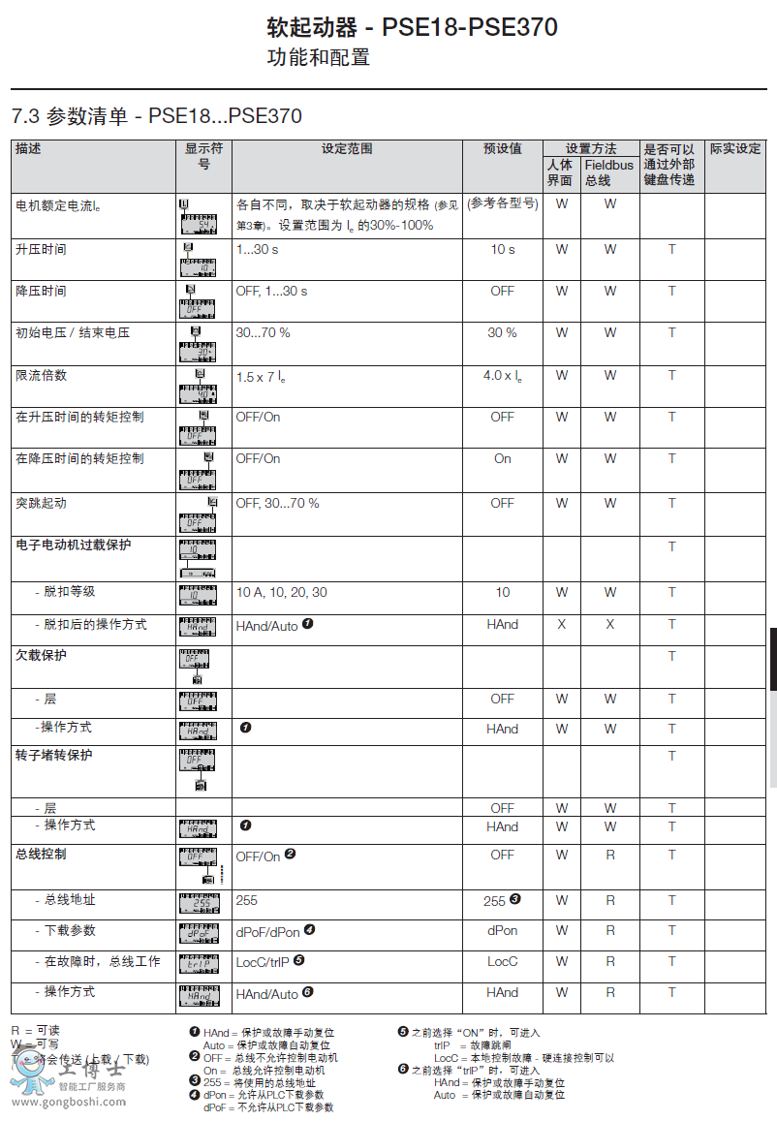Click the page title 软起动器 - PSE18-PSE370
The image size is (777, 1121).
coord(412,27)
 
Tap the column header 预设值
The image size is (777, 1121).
coord(502,149)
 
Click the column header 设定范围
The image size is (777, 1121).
coord(347,149)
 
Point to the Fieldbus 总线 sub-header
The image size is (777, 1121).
coord(609,172)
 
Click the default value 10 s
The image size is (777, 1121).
coord(502,250)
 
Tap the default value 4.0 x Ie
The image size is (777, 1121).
coord(502,376)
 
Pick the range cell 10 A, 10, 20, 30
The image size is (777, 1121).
coord(281,593)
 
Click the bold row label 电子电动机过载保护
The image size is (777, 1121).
coord(74,545)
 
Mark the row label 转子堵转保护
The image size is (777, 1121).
coord(54,756)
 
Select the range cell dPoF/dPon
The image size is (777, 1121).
coord(267,931)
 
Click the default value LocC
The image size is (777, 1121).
coord(502,962)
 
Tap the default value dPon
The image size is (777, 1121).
coord(502,931)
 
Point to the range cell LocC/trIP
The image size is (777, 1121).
coord(264,962)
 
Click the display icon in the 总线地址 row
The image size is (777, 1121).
coord(199,904)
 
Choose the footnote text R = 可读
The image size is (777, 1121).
coord(35,1031)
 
